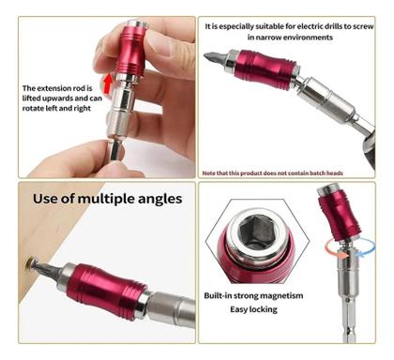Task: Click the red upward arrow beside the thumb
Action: pyautogui.click(x=107, y=83)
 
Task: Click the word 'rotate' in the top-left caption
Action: pyautogui.click(x=33, y=109)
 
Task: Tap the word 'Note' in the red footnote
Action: pyautogui.click(x=208, y=173)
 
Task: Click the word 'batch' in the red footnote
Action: pyautogui.click(x=318, y=173)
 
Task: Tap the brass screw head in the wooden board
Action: pyautogui.click(x=30, y=262)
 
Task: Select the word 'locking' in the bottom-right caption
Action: pyautogui.click(x=265, y=309)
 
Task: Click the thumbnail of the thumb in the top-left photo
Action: pyautogui.click(x=159, y=43)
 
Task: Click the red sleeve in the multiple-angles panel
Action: pyautogui.click(x=106, y=291)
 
